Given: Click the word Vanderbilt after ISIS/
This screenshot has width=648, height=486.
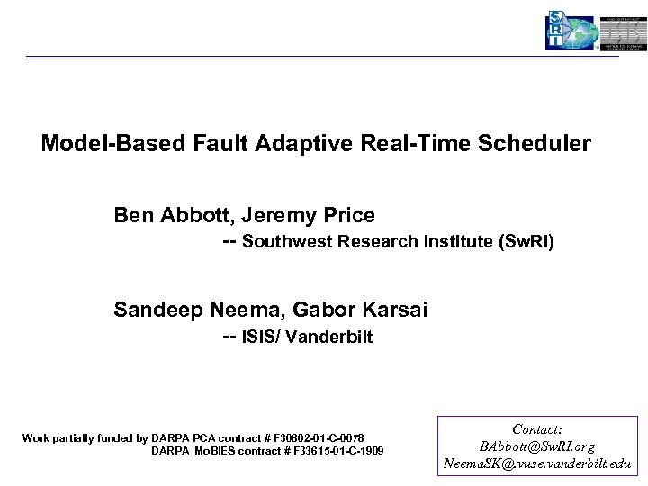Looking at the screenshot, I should (328, 338).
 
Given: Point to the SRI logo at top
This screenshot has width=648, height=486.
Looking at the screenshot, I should (571, 31).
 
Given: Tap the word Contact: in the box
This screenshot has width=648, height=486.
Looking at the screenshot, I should (537, 430).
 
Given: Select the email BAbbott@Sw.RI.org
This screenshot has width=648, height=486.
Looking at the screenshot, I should (537, 446).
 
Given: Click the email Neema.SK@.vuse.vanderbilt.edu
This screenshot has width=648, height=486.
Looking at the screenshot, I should (537, 464).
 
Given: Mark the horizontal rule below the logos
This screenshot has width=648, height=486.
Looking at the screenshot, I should (324, 58).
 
